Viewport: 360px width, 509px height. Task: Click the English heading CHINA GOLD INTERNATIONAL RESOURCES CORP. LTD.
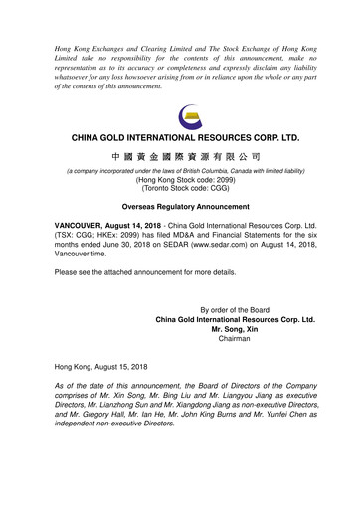coord(180,136)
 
